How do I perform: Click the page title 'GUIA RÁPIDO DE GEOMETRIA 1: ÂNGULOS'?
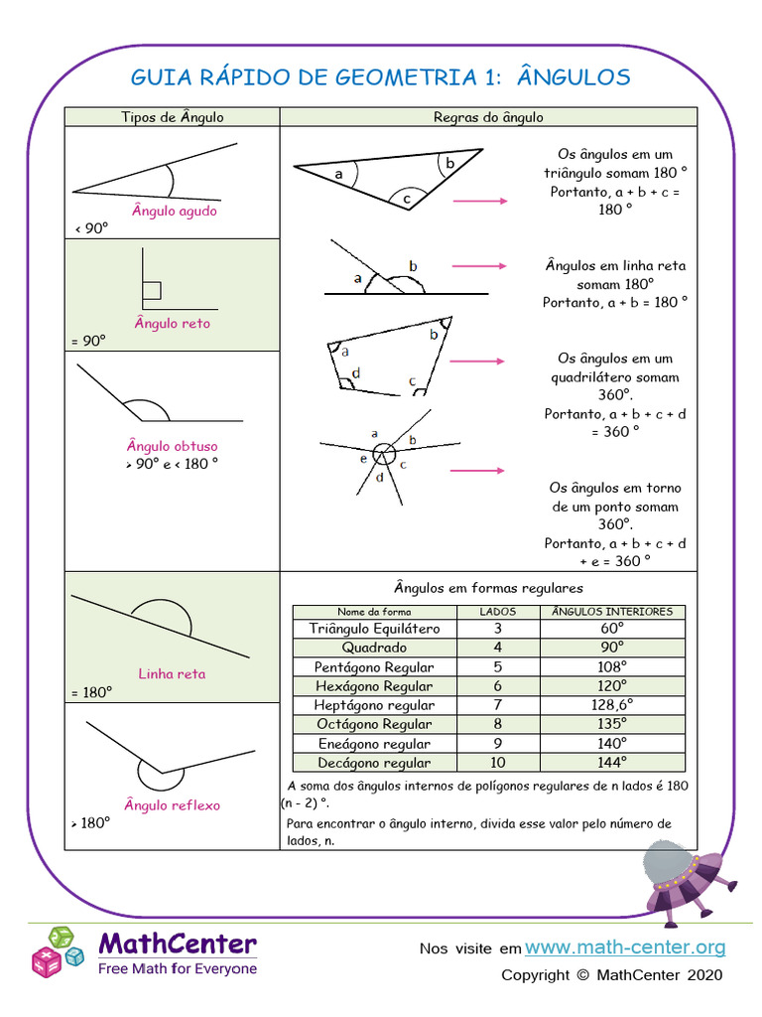coord(381,77)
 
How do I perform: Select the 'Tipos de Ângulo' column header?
coord(173,117)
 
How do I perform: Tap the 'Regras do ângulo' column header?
coord(488,117)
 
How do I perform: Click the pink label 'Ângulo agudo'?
coord(174,211)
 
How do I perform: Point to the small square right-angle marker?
coord(152,290)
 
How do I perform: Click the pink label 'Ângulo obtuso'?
coord(172,446)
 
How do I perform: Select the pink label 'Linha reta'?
coord(172,673)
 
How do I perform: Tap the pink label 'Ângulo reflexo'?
coord(172,804)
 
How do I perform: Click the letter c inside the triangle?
coord(407,200)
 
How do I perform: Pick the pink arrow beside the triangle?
coord(479,201)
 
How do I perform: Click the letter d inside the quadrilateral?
coord(355,373)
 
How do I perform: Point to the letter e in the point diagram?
coord(363,458)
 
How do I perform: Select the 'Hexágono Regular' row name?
coord(373,686)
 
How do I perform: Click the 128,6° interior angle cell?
coord(611,705)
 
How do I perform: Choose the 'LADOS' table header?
coord(497,612)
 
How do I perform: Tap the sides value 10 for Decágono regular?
coord(497,763)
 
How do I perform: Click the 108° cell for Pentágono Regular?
coord(611,667)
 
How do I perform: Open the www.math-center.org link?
coord(625,947)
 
